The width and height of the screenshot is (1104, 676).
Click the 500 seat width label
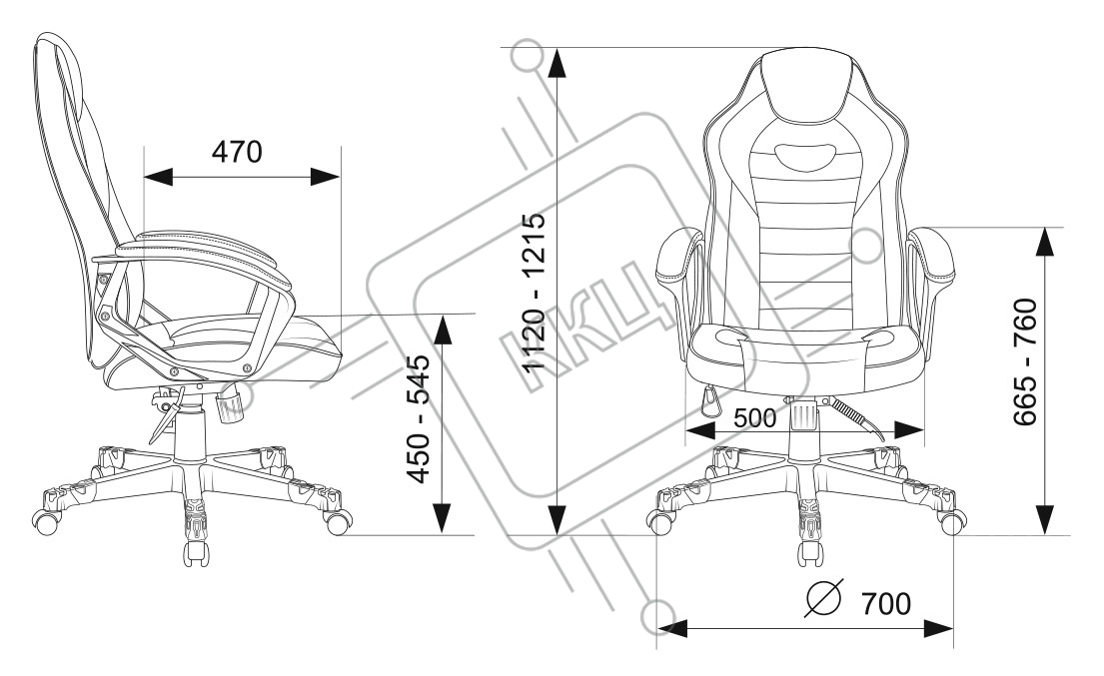(754, 419)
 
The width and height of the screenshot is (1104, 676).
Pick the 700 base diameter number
(884, 604)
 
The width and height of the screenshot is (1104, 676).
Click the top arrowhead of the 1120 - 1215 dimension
(559, 63)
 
